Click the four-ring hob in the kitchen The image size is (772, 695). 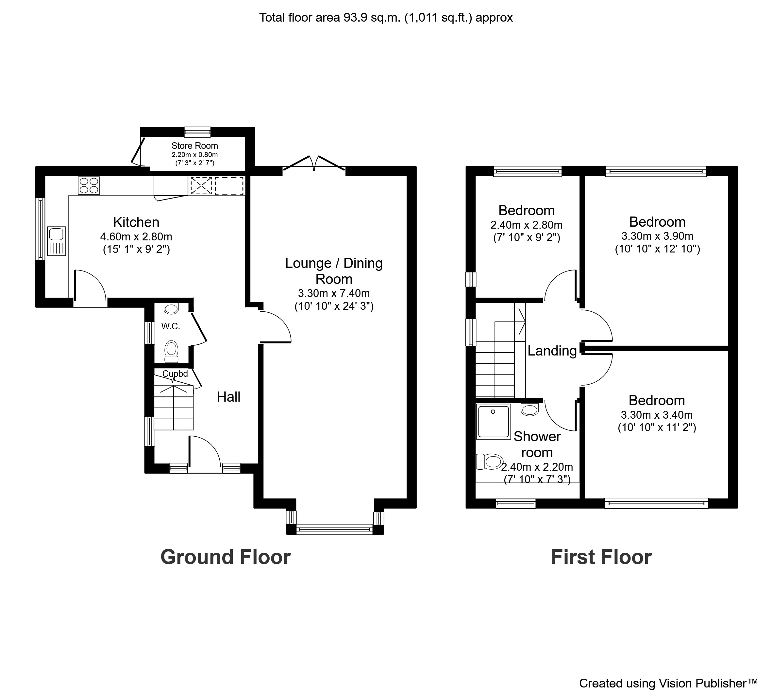point(89,185)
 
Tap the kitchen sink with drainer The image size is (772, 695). point(56,241)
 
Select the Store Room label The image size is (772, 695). point(194,146)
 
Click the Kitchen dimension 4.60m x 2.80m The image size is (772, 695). point(136,237)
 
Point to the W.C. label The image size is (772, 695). point(171,326)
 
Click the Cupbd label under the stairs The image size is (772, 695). point(175,374)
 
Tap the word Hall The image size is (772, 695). point(228,397)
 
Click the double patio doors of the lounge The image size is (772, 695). point(314,164)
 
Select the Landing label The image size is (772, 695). point(552,351)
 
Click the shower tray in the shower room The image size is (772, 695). point(494,422)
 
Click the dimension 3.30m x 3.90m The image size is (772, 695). point(657,236)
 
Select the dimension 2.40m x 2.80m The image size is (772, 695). point(526,225)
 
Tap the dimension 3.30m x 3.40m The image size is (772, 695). point(656,415)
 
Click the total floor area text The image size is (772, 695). point(386,18)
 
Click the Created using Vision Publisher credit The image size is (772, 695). point(668,683)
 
